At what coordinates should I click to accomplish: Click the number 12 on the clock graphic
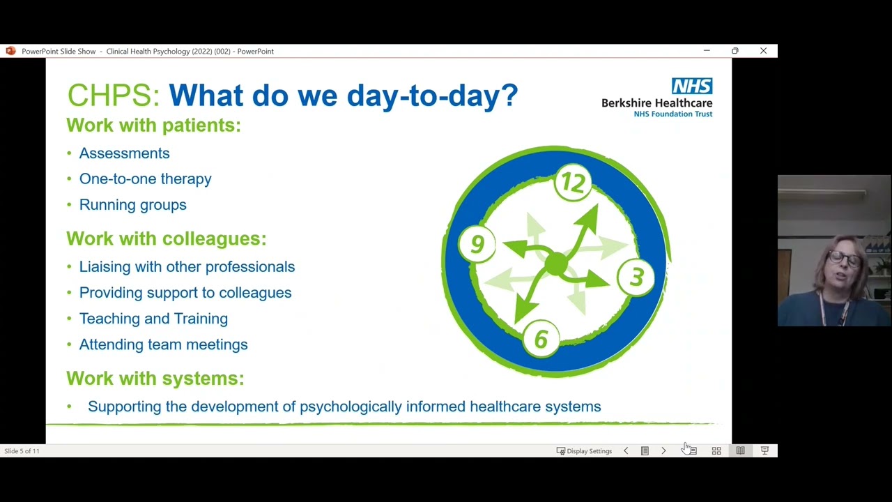click(573, 183)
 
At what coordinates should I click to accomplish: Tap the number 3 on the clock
click(636, 277)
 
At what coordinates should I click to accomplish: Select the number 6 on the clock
click(541, 340)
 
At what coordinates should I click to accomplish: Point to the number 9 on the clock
click(477, 243)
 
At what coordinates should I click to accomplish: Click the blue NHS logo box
click(692, 86)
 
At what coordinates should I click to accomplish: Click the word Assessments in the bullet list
click(124, 153)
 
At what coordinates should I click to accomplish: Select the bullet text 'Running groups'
click(132, 205)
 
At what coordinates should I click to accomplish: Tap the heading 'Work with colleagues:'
click(166, 238)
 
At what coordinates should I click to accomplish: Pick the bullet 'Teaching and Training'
click(153, 319)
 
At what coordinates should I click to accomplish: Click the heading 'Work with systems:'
click(155, 378)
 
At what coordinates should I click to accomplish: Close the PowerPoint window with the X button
click(763, 51)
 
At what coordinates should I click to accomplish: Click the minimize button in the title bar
click(707, 51)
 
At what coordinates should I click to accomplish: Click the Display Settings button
click(584, 451)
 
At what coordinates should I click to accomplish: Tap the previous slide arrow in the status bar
click(626, 451)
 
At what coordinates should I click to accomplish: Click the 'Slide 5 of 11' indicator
click(22, 451)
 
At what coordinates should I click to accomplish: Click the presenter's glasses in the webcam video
click(844, 259)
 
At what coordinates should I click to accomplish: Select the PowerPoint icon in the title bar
click(10, 51)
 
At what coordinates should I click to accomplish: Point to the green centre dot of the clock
click(555, 264)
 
